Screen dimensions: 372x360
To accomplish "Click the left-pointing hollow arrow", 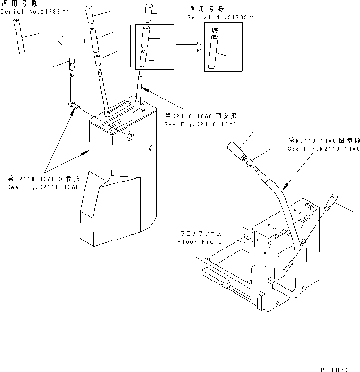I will click(x=70, y=41).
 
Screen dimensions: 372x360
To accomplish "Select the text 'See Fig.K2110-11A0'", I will click(x=324, y=149).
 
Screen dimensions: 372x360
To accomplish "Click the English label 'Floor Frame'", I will click(x=199, y=242).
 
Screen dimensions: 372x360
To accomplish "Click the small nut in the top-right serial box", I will click(x=213, y=31).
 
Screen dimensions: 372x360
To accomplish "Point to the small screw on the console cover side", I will click(x=151, y=149).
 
